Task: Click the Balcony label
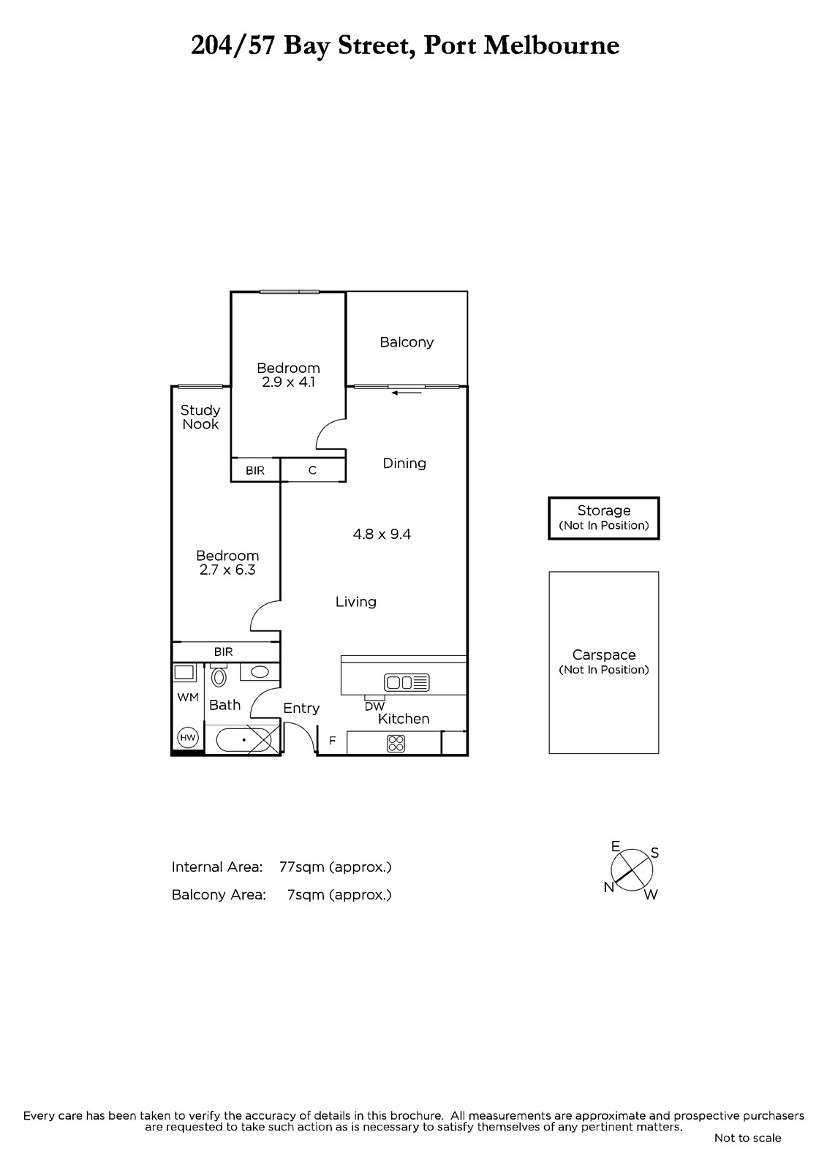tap(407, 343)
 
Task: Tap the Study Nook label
tap(200, 418)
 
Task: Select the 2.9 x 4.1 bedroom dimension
tap(288, 382)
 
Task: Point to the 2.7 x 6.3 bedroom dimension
tap(227, 570)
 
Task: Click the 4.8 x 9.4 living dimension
tap(382, 535)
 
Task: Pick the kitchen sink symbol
tap(407, 682)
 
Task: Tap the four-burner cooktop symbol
tap(396, 743)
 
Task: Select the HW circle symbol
tap(187, 738)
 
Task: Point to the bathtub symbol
tap(243, 739)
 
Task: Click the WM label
tap(188, 698)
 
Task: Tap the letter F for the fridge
tap(332, 740)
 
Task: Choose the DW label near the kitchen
tap(374, 706)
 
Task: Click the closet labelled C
tap(312, 470)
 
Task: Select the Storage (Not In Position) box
tap(603, 518)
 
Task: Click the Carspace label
tap(604, 655)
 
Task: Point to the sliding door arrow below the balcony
tap(407, 392)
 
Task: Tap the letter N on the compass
tap(608, 888)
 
